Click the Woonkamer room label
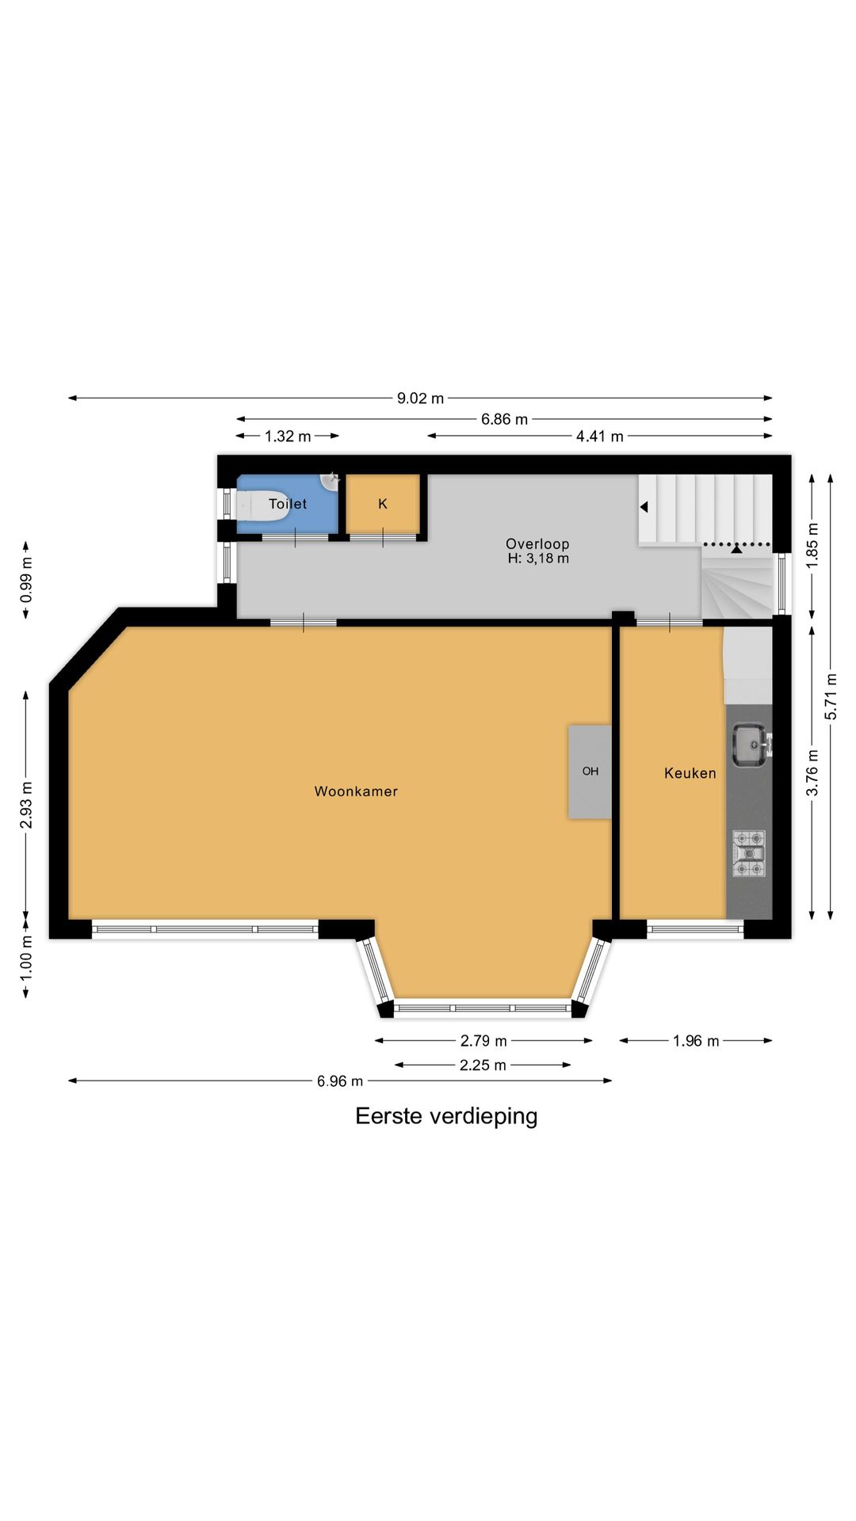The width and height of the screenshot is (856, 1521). tap(356, 791)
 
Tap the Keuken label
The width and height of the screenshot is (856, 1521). tap(690, 773)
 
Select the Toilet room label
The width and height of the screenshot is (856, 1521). tap(287, 504)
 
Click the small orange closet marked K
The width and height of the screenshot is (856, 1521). tap(383, 504)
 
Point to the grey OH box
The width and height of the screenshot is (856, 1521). tap(590, 771)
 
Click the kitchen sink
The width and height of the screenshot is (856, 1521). tap(748, 745)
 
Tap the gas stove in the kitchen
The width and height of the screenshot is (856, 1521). tap(748, 853)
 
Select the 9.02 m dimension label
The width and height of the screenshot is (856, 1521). tap(420, 398)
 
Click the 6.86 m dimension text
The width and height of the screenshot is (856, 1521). tap(504, 419)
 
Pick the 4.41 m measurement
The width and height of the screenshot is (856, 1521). tap(599, 436)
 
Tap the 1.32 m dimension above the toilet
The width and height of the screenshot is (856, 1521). tap(288, 436)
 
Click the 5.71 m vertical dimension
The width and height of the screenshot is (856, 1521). tap(831, 696)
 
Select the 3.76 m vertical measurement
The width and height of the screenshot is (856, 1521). tap(812, 773)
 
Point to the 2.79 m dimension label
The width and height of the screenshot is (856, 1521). tap(483, 1041)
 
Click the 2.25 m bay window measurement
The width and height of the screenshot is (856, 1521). tap(483, 1065)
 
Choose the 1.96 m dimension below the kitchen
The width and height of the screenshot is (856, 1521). tap(696, 1041)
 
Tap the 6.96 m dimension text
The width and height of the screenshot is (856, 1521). tap(340, 1081)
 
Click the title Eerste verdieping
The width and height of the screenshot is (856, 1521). tap(446, 1115)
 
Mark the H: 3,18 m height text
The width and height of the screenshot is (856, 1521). tap(538, 558)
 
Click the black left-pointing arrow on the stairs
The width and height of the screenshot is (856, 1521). tap(644, 507)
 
